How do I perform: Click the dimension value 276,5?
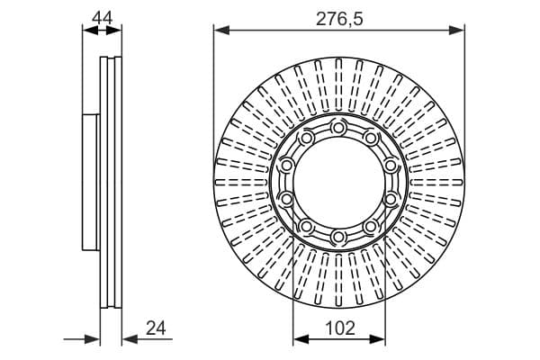(x=339, y=19)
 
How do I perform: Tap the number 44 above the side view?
(x=103, y=18)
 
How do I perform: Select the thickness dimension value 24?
(x=156, y=328)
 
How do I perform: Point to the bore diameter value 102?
(x=339, y=328)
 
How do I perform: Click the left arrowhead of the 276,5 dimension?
(x=221, y=31)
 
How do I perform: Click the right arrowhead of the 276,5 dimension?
(x=456, y=31)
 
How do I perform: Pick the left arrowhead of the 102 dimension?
(x=301, y=339)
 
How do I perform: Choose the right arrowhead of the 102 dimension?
(x=377, y=339)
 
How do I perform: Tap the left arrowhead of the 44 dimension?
(x=90, y=31)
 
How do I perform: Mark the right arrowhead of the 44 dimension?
(x=114, y=31)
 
